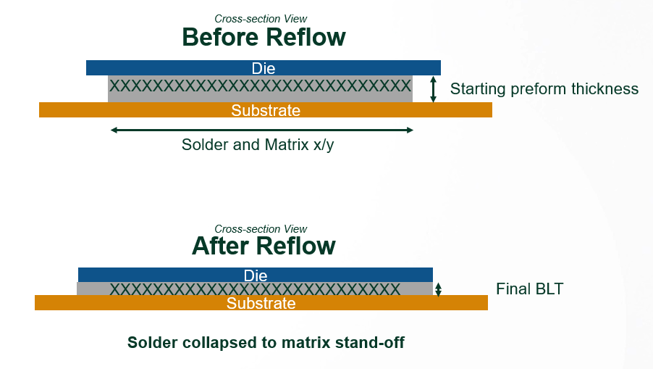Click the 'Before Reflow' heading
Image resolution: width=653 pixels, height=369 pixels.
(264, 37)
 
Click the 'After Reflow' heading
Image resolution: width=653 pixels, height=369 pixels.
(264, 246)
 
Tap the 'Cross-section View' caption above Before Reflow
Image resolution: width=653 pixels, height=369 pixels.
(261, 19)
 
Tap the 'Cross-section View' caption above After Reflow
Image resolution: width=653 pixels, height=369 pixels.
(261, 229)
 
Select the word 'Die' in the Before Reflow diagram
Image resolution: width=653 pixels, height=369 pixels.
(264, 68)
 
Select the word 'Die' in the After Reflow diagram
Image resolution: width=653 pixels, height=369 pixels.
(256, 275)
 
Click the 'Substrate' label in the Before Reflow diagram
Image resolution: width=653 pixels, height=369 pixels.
(265, 110)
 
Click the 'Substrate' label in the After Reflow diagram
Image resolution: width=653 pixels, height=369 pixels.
(261, 303)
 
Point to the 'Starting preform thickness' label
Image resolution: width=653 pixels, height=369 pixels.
(544, 89)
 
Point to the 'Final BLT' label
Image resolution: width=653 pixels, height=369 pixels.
(529, 289)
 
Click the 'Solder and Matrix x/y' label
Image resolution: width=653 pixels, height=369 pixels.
(258, 144)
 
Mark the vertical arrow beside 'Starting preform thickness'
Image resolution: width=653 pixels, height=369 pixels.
(434, 89)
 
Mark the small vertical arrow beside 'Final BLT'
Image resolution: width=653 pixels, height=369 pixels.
(438, 289)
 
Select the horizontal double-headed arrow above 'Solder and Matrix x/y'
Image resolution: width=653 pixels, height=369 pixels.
(262, 130)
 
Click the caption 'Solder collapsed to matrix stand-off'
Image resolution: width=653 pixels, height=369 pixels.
(266, 342)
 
